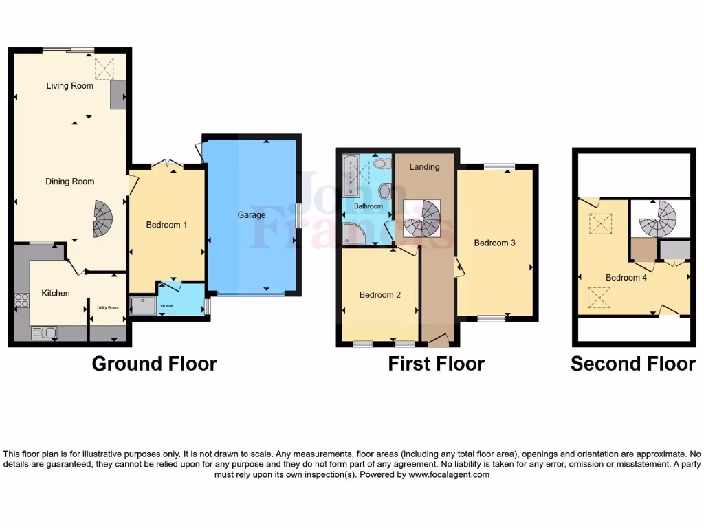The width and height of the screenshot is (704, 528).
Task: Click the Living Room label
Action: [x=69, y=86]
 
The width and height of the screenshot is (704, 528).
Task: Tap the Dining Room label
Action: [x=69, y=181]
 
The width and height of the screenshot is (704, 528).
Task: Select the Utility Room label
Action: [x=108, y=307]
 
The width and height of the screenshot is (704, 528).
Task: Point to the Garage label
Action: [x=252, y=215]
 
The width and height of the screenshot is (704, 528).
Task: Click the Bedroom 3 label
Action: [x=494, y=243]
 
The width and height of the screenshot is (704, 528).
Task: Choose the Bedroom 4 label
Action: [x=626, y=278]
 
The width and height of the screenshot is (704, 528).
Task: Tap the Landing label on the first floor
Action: [x=424, y=166]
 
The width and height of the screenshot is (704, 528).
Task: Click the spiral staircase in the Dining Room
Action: [x=102, y=219]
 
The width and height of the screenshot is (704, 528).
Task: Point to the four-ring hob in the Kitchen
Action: [x=22, y=300]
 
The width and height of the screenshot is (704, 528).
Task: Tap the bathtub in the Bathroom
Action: [x=351, y=176]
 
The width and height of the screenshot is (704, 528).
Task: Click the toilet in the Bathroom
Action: [x=383, y=165]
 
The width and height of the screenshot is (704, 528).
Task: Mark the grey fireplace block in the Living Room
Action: [x=118, y=94]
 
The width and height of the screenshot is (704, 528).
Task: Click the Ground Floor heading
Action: [x=154, y=364]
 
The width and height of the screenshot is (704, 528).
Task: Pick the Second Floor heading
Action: [x=632, y=364]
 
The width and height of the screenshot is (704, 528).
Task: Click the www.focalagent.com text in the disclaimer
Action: [x=449, y=474]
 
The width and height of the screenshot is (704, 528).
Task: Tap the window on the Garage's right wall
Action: [x=298, y=216]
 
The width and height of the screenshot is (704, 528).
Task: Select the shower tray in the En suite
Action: [x=142, y=305]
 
